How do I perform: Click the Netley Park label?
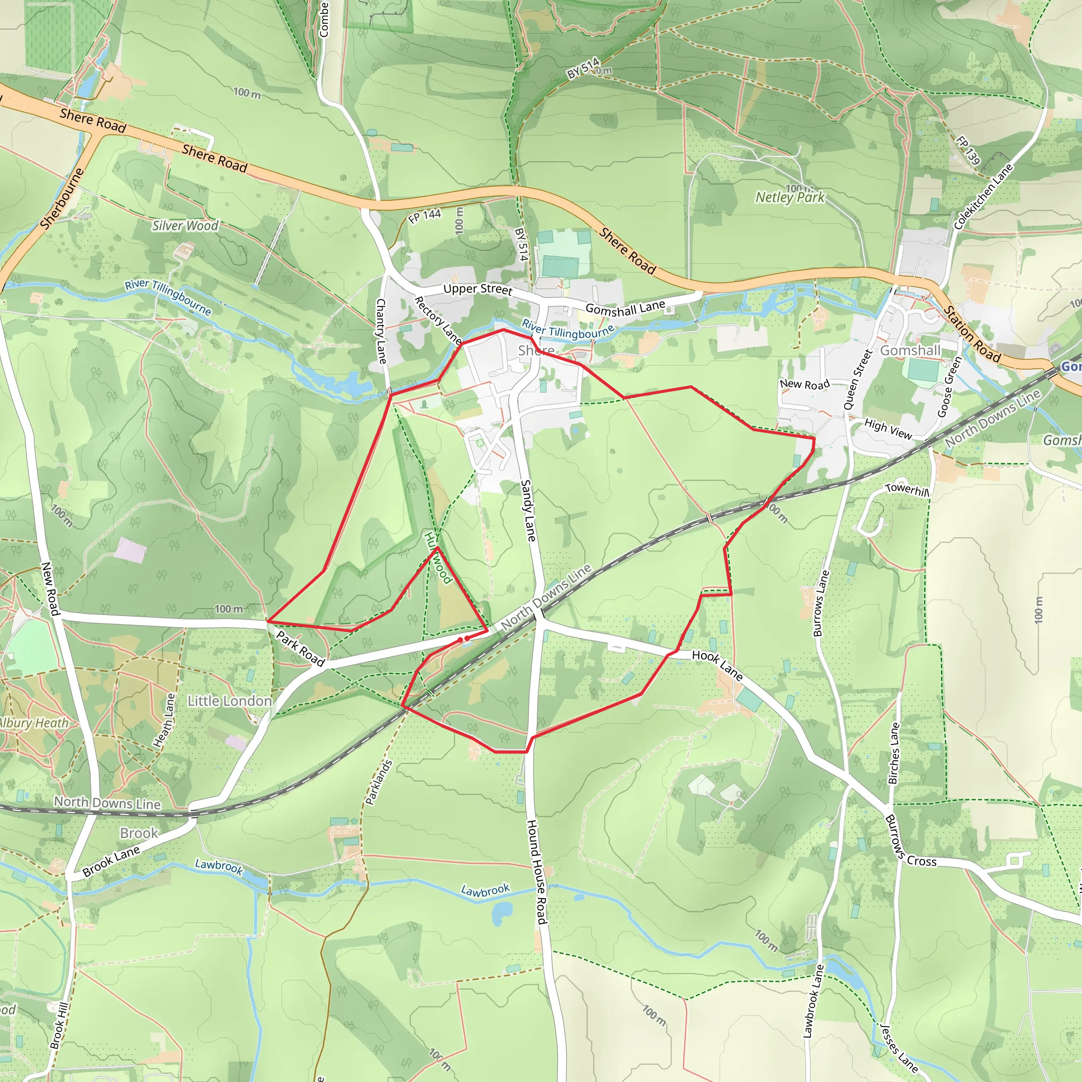click(x=790, y=197)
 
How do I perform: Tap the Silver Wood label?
click(x=185, y=226)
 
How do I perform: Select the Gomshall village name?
click(x=910, y=351)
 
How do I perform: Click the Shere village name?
click(x=536, y=351)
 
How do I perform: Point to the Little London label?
click(x=230, y=701)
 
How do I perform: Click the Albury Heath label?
click(x=34, y=723)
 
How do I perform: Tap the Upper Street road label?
click(x=477, y=289)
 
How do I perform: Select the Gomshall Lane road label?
click(x=625, y=307)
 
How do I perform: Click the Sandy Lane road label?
click(x=528, y=510)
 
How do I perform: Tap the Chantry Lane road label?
click(x=381, y=331)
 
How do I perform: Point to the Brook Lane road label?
click(x=111, y=862)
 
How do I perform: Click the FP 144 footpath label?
click(x=425, y=216)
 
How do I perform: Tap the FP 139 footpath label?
click(x=968, y=150)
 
